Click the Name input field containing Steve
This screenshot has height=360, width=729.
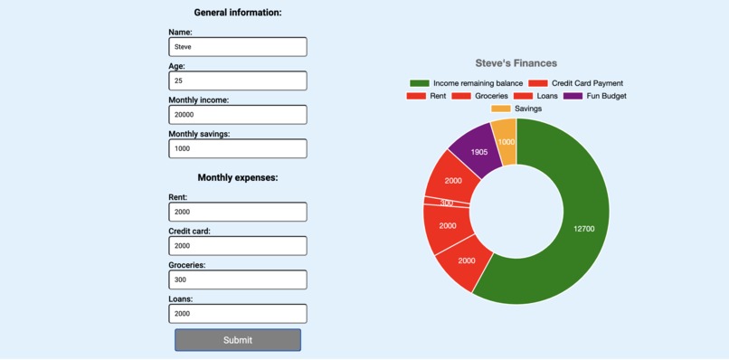[x=237, y=47]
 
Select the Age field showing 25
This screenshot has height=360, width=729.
[x=237, y=81]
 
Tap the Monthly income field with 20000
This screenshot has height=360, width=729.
[x=237, y=115]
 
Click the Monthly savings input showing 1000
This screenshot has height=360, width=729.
[x=237, y=148]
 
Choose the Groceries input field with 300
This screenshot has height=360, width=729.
[x=237, y=279]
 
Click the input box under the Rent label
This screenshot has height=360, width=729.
[x=237, y=212]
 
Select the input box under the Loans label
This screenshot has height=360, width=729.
[x=237, y=314]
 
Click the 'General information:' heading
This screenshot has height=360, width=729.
[x=238, y=13]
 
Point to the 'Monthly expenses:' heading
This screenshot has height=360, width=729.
[x=238, y=178]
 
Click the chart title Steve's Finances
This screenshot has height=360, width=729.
[x=516, y=63]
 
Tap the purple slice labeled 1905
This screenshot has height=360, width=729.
[x=478, y=151]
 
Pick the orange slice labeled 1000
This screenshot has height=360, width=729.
[x=506, y=142]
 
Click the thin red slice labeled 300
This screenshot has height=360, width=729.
[x=447, y=203]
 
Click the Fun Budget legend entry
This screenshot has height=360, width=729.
[x=594, y=96]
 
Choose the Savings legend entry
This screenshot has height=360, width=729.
[x=516, y=109]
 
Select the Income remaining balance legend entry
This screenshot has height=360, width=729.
[x=466, y=83]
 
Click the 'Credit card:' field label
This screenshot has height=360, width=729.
[x=188, y=232]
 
